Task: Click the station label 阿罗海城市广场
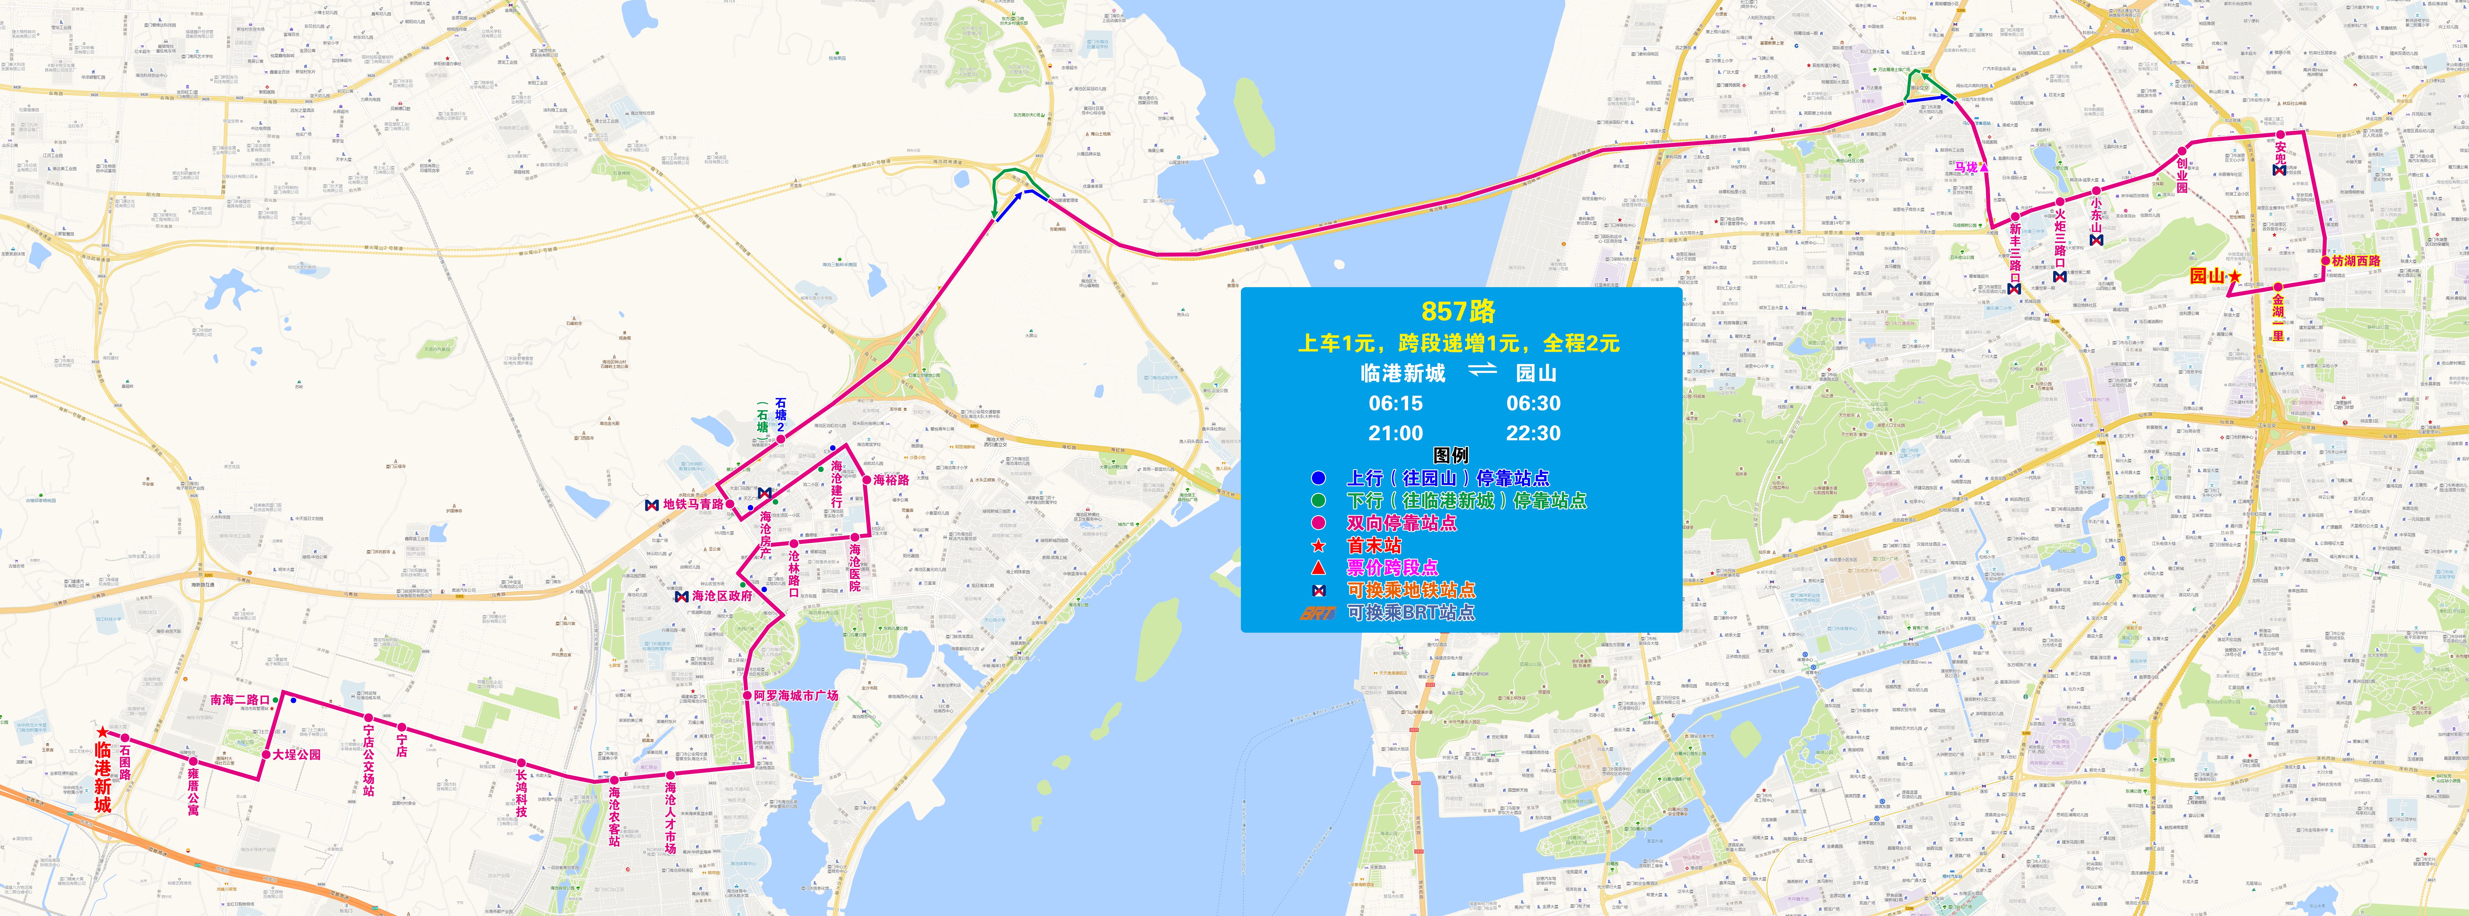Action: coord(795,696)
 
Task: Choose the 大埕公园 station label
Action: coord(296,755)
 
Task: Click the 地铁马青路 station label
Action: coord(693,504)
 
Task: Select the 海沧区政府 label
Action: coord(722,596)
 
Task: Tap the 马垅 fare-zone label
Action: coord(1966,168)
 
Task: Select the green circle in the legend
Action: coord(1319,500)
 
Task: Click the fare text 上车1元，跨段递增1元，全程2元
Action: coord(1458,343)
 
